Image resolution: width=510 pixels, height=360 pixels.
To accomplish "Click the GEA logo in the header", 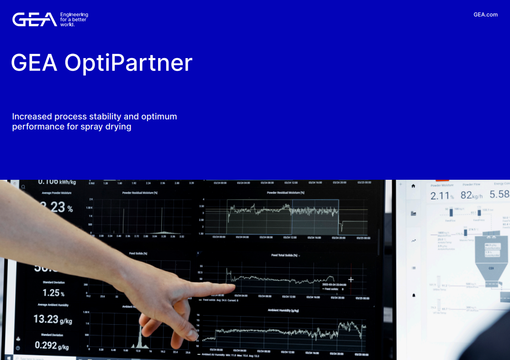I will pyautogui.click(x=35, y=20).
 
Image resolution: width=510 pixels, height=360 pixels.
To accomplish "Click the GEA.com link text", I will pyautogui.click(x=485, y=15).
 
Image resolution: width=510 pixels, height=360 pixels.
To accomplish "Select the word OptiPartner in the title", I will pyautogui.click(x=128, y=63).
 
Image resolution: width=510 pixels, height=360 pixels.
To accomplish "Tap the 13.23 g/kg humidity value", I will pyautogui.click(x=53, y=319).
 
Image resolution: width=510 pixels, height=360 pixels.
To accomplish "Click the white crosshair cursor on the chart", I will pyautogui.click(x=351, y=279).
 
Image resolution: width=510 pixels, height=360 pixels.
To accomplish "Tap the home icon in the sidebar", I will pyautogui.click(x=414, y=186).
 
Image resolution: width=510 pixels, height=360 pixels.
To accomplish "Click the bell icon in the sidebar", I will pyautogui.click(x=414, y=295).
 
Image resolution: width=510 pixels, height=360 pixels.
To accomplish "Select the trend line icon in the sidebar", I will pyautogui.click(x=414, y=241).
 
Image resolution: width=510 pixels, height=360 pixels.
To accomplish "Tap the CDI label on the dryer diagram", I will pyautogui.click(x=491, y=268).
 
